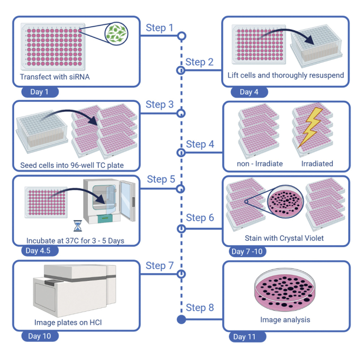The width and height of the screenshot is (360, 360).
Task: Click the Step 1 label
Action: pos(160,28)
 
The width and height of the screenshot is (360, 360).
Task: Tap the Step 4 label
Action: pos(200,144)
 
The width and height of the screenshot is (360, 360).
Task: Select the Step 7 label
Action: pos(160,266)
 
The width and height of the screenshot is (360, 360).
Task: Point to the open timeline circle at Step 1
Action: pos(182,36)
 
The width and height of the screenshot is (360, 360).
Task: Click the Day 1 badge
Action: pos(40,92)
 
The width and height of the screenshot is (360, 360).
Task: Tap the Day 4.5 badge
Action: pos(39,250)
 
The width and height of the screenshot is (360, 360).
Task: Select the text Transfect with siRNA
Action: pos(55,77)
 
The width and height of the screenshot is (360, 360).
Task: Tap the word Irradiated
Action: pos(317,163)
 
